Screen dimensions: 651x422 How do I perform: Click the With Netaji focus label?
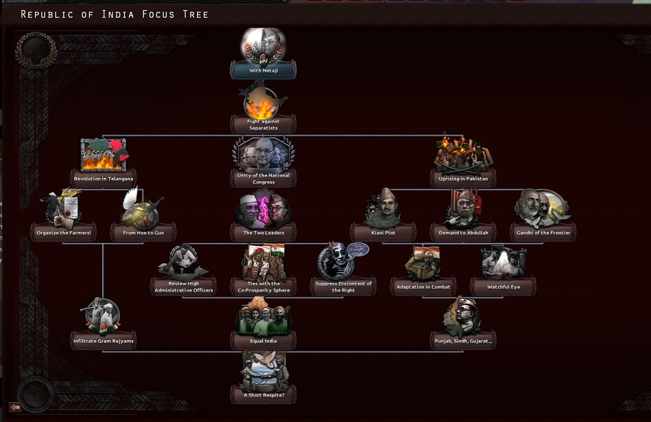point(264,70)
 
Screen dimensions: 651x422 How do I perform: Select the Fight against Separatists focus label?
point(263,125)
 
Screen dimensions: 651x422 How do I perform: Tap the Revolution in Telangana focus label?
point(103,179)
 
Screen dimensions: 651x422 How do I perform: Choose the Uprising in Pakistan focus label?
point(463,179)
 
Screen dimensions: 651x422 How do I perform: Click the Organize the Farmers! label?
point(64,233)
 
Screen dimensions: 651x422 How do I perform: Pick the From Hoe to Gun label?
point(143,233)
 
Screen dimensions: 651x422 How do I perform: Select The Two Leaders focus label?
point(264,233)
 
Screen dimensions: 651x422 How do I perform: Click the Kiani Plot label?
point(383,233)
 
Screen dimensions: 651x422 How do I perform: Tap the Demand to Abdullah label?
point(463,233)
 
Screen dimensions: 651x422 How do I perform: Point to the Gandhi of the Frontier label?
point(543,233)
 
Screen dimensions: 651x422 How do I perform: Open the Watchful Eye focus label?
point(503,287)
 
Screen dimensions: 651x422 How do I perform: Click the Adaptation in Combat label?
point(423,287)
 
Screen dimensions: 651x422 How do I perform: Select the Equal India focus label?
point(263,341)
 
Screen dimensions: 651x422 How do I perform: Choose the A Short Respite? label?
point(264,395)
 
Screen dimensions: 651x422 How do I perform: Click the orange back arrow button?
point(15,408)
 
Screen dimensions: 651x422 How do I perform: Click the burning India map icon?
point(263,100)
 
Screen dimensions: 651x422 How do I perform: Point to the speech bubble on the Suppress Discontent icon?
point(358,249)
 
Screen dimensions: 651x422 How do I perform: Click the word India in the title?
point(118,14)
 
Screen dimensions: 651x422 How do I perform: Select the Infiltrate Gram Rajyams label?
point(103,341)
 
